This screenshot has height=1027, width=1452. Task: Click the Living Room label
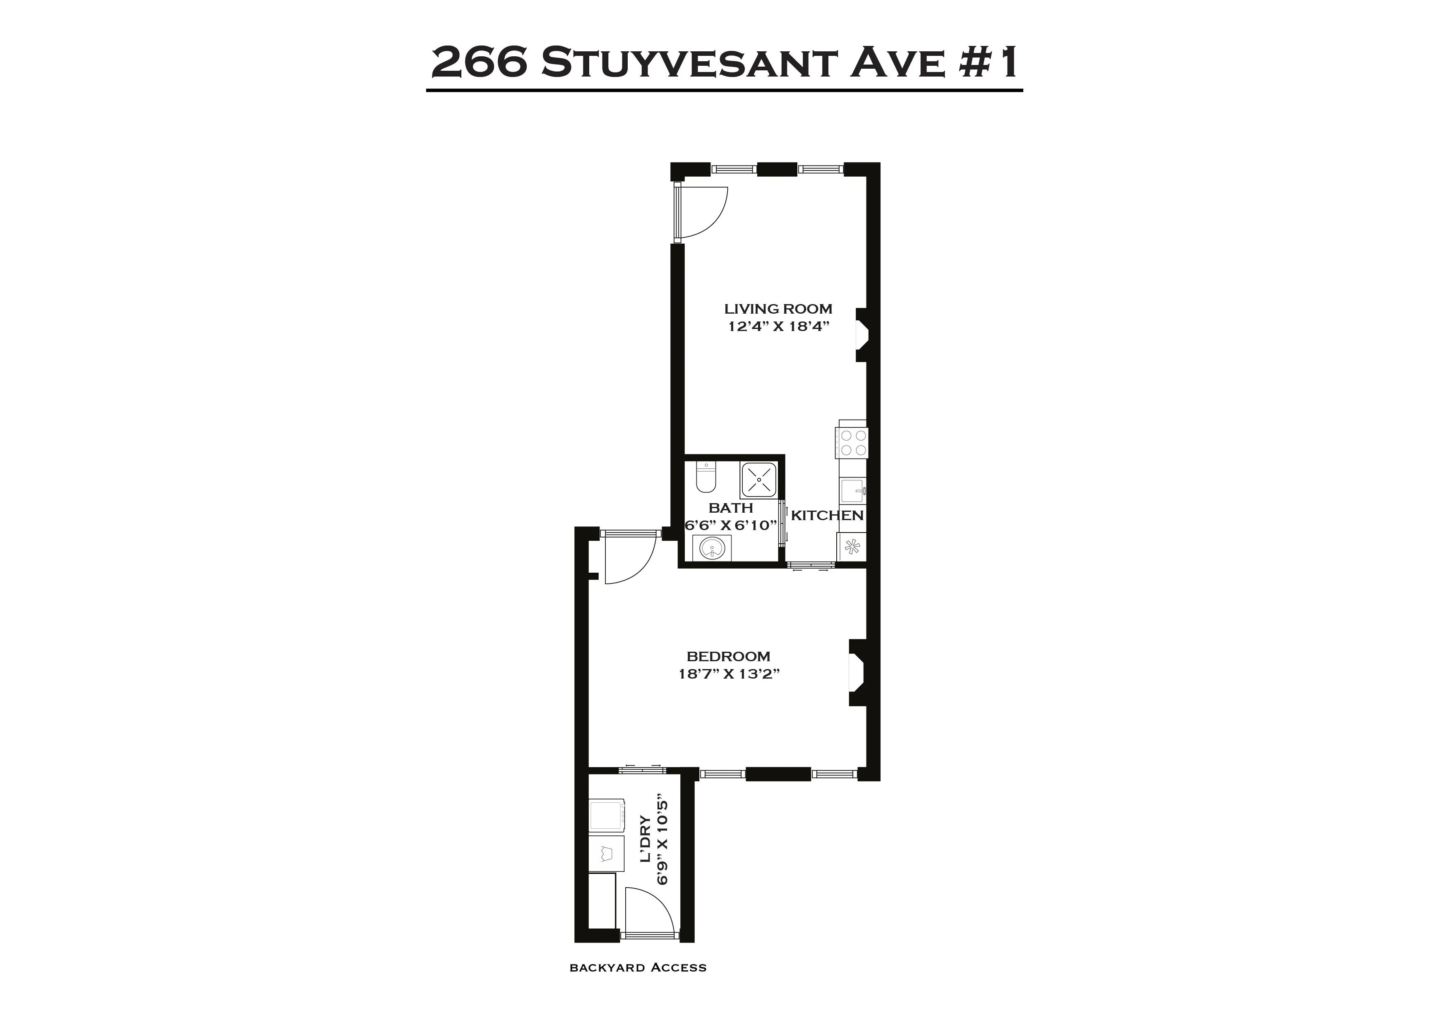[778, 309]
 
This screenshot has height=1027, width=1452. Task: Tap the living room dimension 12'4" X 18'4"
[778, 327]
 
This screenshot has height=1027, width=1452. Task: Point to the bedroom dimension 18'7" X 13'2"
[729, 674]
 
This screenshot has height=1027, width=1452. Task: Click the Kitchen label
[827, 516]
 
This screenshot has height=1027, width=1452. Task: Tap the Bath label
[730, 508]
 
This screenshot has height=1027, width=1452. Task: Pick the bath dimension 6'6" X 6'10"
[730, 525]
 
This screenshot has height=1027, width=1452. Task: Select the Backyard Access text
[638, 985]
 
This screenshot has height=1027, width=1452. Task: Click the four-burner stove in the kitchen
[852, 443]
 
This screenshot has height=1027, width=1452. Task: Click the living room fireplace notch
[862, 335]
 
